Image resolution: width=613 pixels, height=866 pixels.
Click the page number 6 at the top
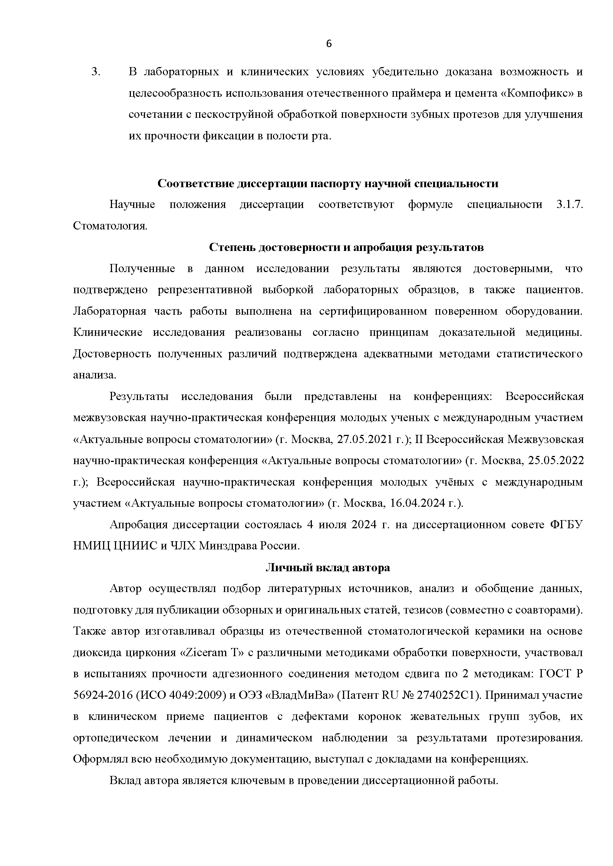[329, 44]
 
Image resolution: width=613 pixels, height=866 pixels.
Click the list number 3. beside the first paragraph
[96, 72]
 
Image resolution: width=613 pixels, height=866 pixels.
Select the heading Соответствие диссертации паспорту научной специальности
[328, 184]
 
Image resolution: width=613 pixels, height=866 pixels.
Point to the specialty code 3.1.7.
[570, 205]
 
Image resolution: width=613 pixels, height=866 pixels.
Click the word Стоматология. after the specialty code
[110, 226]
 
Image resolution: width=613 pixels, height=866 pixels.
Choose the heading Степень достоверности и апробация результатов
[346, 247]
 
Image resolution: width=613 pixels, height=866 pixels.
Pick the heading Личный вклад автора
[328, 568]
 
